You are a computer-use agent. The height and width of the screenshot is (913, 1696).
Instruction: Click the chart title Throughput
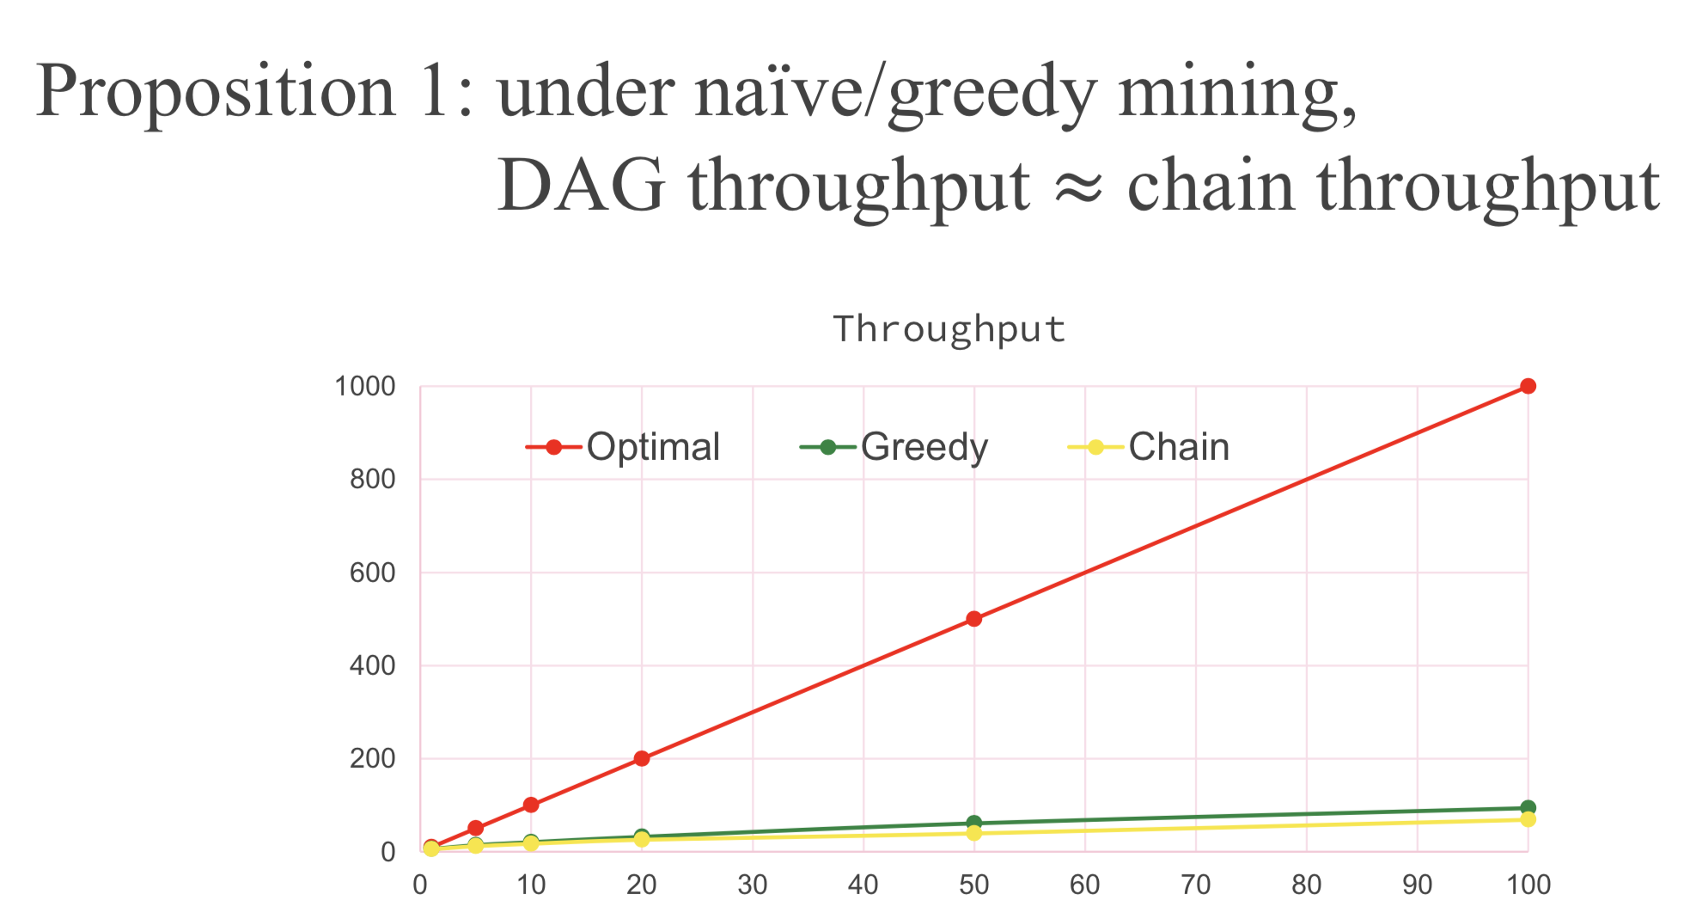point(949,329)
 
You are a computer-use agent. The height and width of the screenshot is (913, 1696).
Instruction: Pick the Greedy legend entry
point(894,447)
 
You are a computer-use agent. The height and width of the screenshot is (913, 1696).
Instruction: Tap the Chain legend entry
point(1148,447)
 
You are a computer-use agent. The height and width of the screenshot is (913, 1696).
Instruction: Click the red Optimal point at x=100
point(1528,386)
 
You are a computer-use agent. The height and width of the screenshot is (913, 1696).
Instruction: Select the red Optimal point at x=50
point(973,619)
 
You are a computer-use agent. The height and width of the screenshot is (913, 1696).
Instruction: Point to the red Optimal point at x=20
point(642,758)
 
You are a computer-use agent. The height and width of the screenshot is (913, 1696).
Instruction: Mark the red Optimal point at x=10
point(531,805)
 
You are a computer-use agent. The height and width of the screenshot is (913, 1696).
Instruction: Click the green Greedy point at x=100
point(1528,808)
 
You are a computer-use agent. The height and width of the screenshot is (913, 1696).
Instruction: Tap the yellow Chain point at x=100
point(1528,819)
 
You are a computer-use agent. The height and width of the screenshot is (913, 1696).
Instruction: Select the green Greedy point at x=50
point(973,824)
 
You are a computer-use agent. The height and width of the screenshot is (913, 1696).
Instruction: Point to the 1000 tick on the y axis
point(365,387)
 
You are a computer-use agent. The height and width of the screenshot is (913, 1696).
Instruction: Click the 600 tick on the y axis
point(373,573)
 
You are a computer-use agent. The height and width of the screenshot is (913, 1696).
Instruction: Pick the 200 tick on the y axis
point(373,759)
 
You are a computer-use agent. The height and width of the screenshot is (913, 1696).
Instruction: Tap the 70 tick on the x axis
point(1196,885)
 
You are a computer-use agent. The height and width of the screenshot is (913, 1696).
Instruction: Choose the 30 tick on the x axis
point(753,885)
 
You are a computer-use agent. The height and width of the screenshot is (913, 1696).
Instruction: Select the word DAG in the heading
point(582,185)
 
